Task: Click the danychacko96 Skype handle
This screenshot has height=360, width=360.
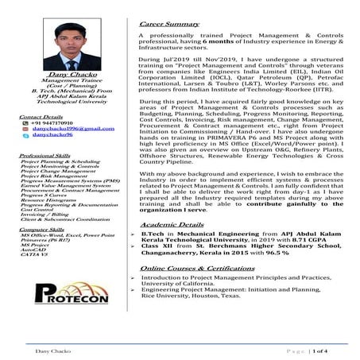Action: (x=48, y=137)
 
